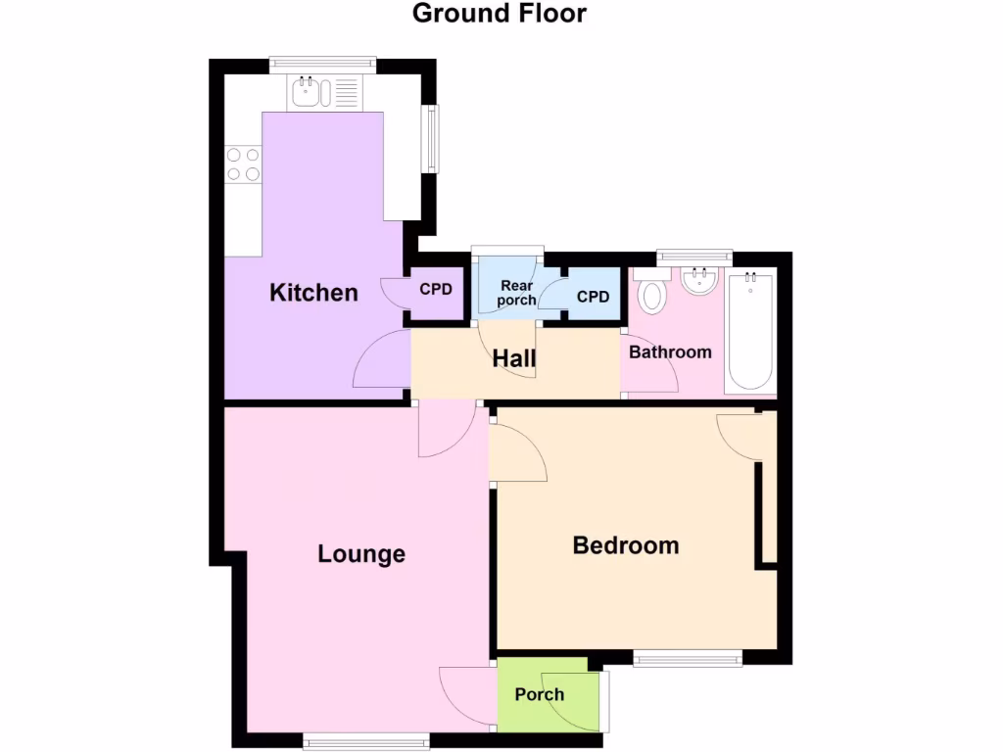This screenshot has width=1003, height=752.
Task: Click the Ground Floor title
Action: click(500, 14)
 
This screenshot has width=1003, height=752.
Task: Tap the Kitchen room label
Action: click(313, 293)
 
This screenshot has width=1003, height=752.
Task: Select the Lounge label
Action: click(361, 554)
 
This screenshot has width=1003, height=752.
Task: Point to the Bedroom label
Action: click(626, 545)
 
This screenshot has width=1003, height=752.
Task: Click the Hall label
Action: click(514, 359)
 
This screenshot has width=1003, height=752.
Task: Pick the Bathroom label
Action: click(670, 352)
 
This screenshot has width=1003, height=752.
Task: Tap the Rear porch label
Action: click(516, 293)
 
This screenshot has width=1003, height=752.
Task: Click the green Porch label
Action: click(540, 695)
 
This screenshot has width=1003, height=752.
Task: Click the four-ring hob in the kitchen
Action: click(244, 164)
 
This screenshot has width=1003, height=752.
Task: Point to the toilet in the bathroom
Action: click(652, 291)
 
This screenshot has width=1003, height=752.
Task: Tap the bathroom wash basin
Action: click(700, 282)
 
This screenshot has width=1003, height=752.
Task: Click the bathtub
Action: click(751, 331)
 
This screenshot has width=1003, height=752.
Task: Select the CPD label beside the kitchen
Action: click(436, 290)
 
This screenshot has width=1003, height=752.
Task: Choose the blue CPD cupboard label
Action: click(593, 297)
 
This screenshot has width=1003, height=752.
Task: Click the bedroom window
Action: click(688, 659)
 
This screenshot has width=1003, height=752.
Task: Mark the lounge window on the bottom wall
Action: click(366, 740)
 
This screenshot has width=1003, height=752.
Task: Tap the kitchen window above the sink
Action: click(322, 64)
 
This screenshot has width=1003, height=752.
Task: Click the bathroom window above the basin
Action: click(694, 257)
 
